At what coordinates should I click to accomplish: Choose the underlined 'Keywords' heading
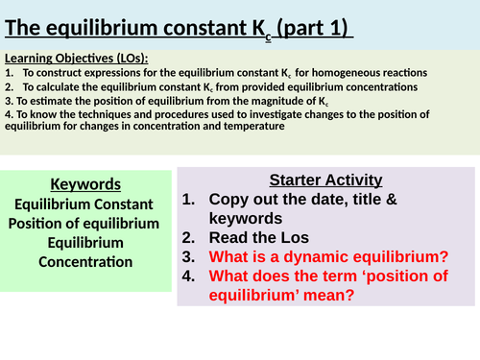[84, 183]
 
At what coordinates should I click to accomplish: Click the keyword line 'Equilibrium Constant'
[84, 204]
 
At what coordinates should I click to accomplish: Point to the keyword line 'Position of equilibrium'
[84, 223]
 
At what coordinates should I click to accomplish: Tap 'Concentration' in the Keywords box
[84, 261]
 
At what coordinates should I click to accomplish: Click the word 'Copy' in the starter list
[228, 200]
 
